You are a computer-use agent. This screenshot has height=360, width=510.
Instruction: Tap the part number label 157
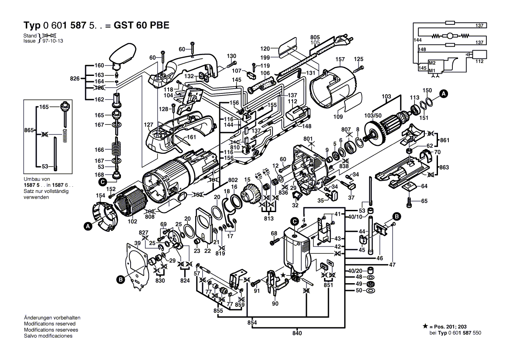coord(340,59)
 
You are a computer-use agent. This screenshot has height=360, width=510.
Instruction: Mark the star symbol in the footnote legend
coord(425,326)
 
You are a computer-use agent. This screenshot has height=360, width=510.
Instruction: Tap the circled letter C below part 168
coord(102,182)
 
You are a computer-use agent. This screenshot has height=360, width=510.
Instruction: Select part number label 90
coord(275,303)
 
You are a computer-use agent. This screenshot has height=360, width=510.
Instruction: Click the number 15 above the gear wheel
coord(247,179)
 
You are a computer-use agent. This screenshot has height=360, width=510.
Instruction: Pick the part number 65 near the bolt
coord(425,201)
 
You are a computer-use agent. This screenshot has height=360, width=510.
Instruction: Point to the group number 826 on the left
coord(75,79)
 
